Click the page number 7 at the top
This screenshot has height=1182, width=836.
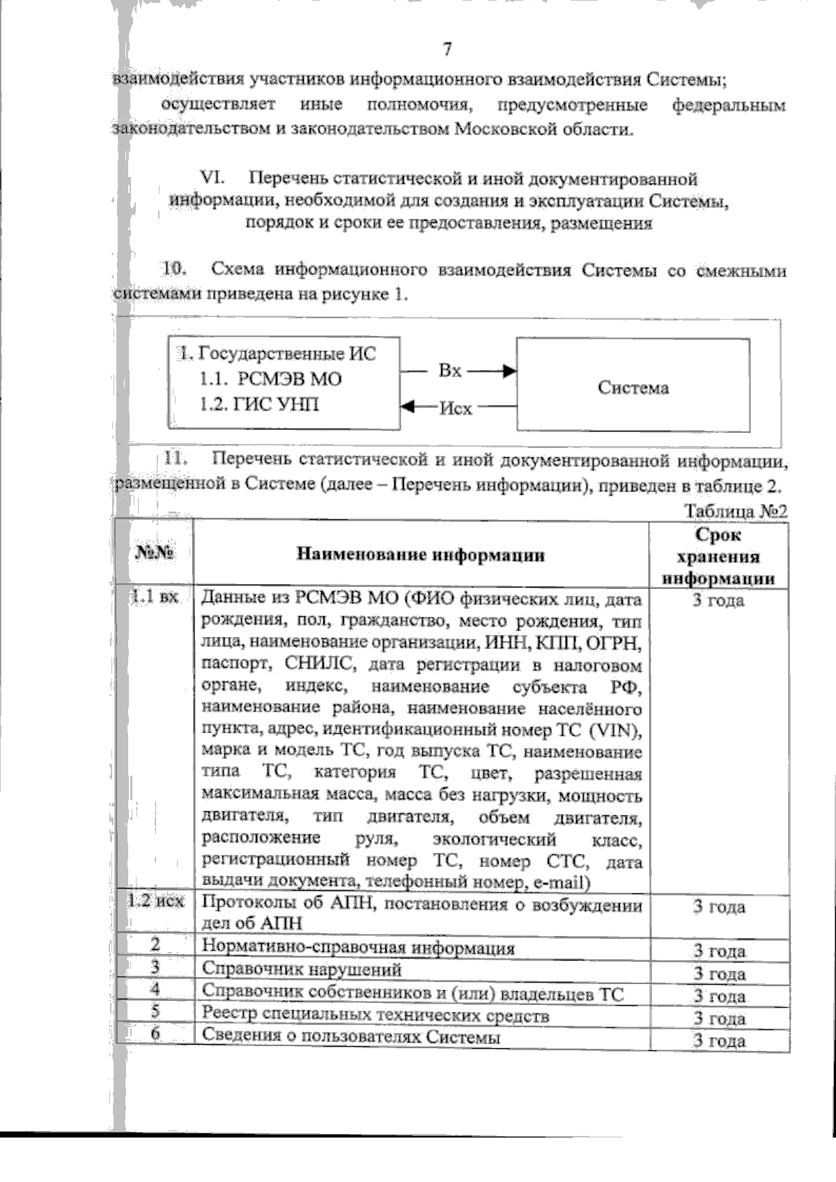447,49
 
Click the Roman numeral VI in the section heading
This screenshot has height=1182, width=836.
210,178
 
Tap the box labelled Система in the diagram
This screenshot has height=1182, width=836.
633,387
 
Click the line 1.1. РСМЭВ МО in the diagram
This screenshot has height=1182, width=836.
270,379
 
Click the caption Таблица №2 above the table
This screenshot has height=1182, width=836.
736,511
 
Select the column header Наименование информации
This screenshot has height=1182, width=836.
421,555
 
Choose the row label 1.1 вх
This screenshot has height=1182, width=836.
155,597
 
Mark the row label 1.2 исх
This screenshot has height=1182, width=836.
155,900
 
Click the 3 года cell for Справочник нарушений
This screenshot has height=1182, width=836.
719,974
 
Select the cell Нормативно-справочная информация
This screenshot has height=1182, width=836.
358,948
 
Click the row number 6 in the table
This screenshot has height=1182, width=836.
155,1034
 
